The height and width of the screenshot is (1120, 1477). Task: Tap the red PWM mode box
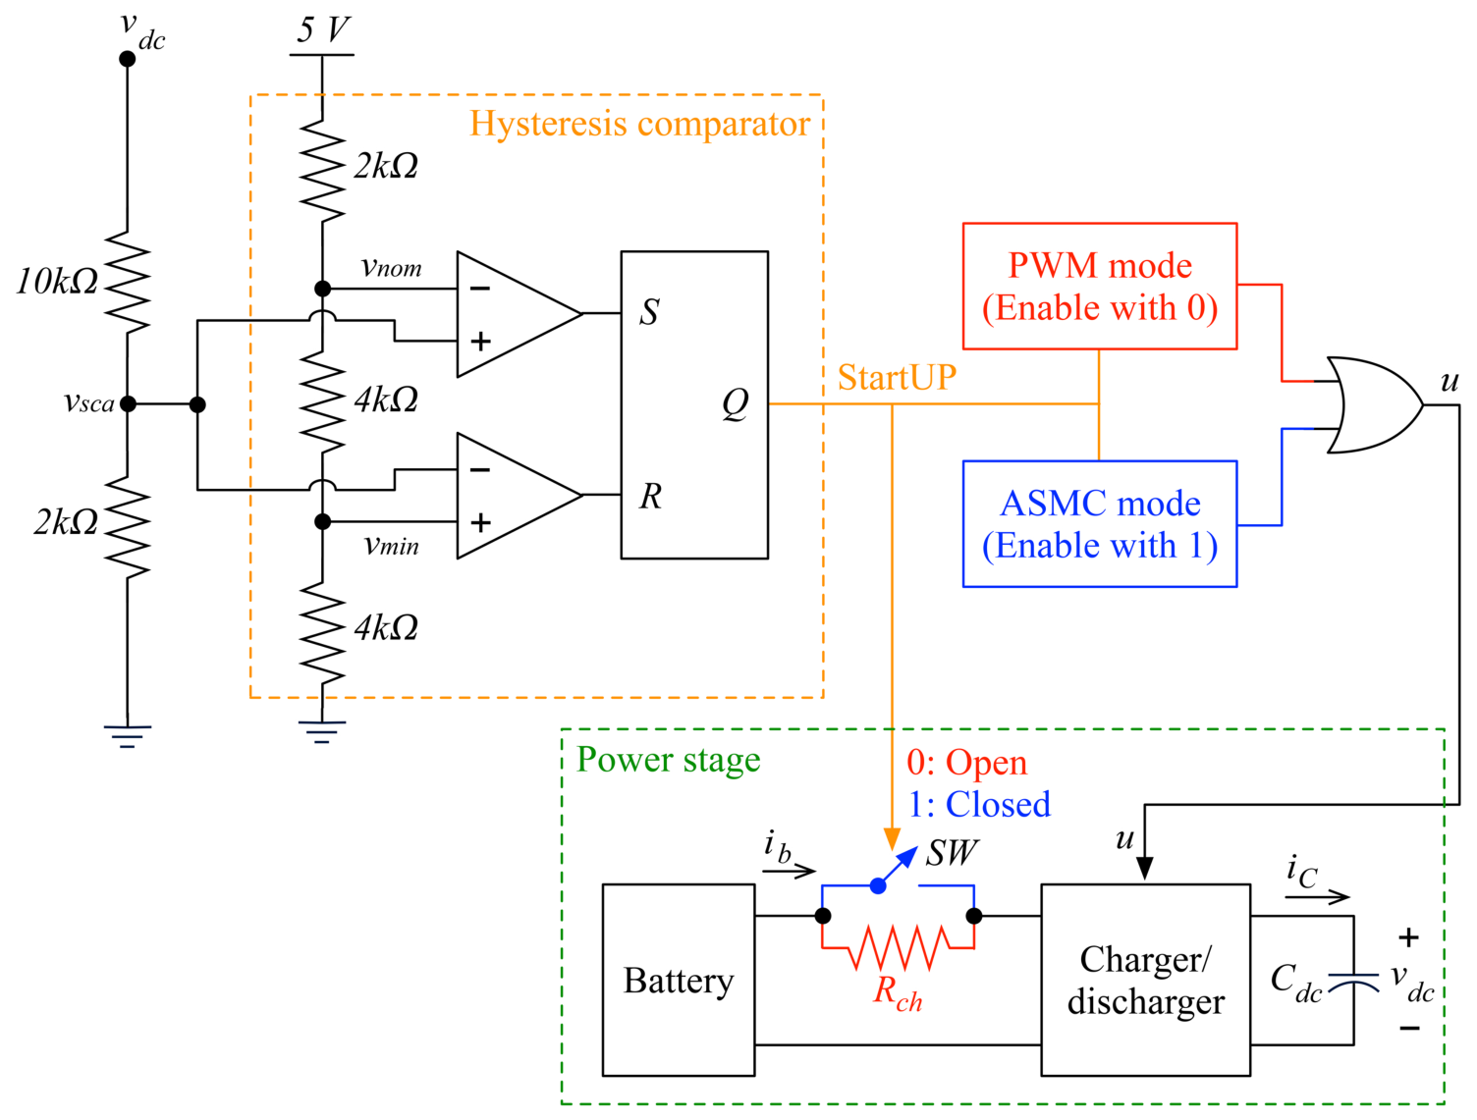click(1100, 286)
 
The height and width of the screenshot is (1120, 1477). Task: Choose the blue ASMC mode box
click(1100, 523)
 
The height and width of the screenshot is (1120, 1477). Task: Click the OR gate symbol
click(1373, 404)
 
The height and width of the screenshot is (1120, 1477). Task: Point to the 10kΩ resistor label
click(57, 281)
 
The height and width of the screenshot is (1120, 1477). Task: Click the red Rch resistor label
click(897, 992)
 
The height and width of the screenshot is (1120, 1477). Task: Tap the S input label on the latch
click(649, 312)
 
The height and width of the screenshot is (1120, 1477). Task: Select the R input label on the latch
click(651, 496)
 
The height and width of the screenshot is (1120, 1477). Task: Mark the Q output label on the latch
click(735, 403)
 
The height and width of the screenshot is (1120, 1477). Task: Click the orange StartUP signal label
click(897, 377)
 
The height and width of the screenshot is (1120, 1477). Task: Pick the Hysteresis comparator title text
click(639, 124)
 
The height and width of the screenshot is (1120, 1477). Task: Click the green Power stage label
click(668, 760)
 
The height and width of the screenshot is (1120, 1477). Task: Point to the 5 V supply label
click(324, 29)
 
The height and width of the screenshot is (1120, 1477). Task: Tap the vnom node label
click(391, 267)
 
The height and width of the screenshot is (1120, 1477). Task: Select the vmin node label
click(391, 545)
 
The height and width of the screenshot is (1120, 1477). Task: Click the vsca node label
click(88, 402)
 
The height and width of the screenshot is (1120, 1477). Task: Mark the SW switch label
click(952, 853)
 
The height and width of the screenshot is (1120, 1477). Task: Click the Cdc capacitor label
click(1296, 983)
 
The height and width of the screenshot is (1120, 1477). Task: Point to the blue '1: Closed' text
click(979, 804)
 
